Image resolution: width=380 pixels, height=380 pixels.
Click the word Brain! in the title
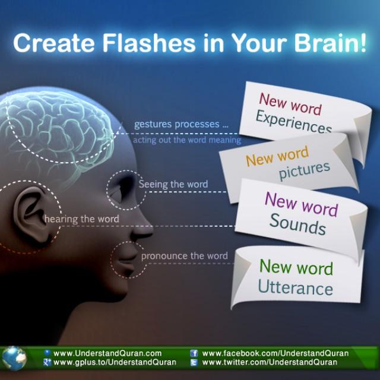coord(330,43)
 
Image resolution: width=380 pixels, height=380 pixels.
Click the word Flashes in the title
coord(149,43)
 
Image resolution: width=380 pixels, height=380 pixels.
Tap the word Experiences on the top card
coord(294,122)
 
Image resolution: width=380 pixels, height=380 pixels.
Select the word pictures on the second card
coord(305,170)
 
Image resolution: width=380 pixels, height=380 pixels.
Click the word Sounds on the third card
coord(297,224)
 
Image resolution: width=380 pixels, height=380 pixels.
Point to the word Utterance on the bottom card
coord(296,287)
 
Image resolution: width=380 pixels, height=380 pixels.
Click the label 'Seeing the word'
coord(173,185)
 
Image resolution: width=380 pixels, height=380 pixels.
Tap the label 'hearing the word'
coord(82,219)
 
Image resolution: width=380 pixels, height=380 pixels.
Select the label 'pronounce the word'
coord(185,256)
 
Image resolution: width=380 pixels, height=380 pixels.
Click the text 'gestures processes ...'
coord(181,124)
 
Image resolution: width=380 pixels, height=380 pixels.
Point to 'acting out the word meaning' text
coord(187,140)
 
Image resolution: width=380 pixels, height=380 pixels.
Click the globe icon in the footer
coord(14,358)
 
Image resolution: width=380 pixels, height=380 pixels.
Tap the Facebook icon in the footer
coord(194,353)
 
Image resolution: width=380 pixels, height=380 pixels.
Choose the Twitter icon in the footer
coord(194,363)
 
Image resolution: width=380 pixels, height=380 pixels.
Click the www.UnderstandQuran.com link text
coord(107,353)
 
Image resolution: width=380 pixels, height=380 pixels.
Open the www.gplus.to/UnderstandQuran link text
coord(115,362)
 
